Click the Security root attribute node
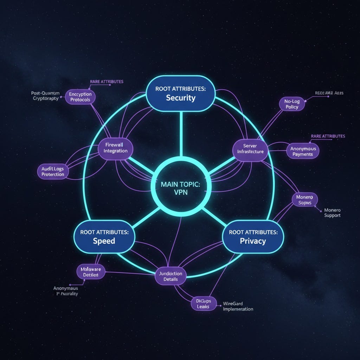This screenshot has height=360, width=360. coord(180,94)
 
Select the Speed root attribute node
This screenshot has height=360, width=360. coord(104,237)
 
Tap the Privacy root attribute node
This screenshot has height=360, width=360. coord(253,237)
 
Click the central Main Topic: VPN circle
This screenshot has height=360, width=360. coord(180,189)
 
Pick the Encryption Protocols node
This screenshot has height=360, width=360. coord(80,97)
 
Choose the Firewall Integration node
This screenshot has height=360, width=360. coord(115,147)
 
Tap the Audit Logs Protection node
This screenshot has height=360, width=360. coord(53,172)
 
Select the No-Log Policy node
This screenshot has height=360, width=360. coord(292,104)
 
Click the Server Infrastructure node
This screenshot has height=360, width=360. coord(250,148)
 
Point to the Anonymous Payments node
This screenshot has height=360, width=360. coord(303,151)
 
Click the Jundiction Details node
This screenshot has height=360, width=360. coord(171,276)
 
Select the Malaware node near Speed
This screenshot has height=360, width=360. coord(91,272)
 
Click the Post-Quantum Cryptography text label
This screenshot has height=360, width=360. coord(46,96)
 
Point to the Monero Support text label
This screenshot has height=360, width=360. coord(332,212)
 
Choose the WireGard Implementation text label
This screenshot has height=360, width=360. coord(238,306)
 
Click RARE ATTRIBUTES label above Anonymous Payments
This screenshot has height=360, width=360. coord(328,136)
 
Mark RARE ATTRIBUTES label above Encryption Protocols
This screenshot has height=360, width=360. coord(107,82)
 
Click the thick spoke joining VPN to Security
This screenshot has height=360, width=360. coord(180,134)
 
